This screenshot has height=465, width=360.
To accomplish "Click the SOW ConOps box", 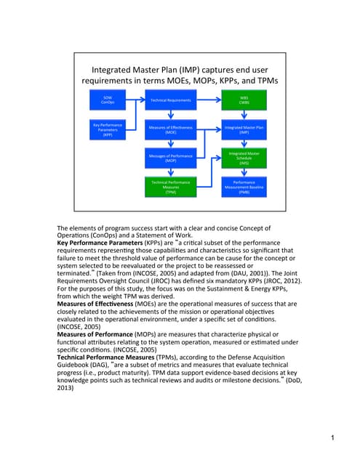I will click(x=108, y=100).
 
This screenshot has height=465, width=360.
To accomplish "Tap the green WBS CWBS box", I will click(x=244, y=100).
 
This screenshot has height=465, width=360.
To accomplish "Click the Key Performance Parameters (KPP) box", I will click(x=108, y=130).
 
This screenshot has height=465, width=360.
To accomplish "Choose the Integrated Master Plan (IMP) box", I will click(x=244, y=130).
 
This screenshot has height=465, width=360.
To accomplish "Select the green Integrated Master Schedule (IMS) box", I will click(x=244, y=158).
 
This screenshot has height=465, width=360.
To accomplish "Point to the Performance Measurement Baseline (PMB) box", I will click(x=244, y=187).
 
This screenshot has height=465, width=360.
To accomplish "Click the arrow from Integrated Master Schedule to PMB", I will click(x=244, y=173).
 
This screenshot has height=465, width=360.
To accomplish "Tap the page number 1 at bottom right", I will click(x=332, y=437).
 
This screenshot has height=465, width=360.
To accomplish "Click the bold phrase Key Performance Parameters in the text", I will click(x=102, y=238).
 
